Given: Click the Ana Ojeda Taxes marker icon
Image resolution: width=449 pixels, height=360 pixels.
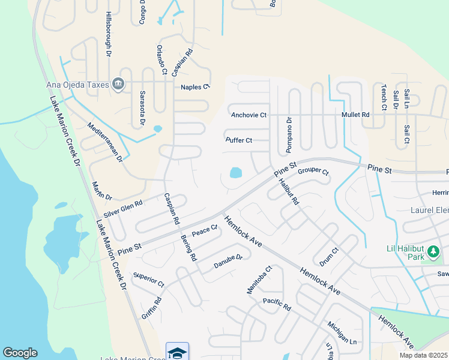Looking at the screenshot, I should coord(118,85).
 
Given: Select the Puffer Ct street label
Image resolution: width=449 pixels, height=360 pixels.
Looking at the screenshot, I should coord(238,140).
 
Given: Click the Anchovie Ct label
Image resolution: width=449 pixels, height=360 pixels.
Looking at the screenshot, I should coord(249,115).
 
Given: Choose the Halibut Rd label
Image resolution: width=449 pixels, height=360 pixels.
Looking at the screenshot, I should coord(289,193).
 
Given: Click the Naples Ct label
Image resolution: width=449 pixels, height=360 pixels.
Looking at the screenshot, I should coord(195,87).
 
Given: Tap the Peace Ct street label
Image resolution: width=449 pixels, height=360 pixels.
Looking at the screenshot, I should coord(204,230).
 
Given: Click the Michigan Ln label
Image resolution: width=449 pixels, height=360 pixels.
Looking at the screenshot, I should coord(342,332).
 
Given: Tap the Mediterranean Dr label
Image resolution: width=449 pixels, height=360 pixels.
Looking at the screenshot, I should coord(104,142).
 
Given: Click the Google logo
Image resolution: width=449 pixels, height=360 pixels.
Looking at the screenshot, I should coord(20,353).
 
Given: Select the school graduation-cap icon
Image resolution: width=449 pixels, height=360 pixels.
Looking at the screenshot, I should coord(177,352).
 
